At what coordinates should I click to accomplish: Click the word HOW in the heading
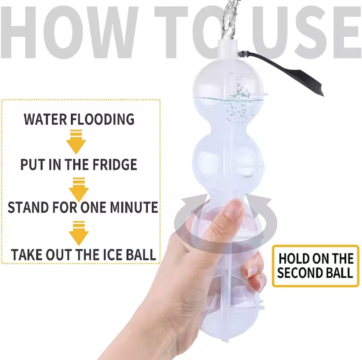point(69,32)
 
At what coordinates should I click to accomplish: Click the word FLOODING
point(102,119)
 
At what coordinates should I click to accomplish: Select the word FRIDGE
point(115,164)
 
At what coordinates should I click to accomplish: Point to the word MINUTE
point(134,207)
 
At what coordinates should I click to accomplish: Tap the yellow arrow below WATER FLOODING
point(76,142)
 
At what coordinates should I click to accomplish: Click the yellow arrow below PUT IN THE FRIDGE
point(79,189)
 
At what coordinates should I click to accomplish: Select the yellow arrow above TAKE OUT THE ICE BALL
point(79,233)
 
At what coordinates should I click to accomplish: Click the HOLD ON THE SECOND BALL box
point(316,266)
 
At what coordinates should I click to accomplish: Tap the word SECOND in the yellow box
point(297,273)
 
